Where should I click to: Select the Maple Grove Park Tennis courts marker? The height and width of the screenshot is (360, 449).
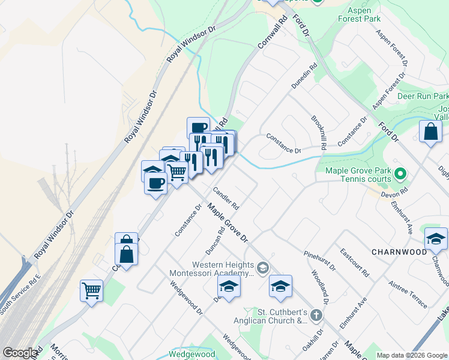[402, 175]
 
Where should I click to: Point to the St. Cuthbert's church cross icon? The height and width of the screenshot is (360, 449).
[316, 316]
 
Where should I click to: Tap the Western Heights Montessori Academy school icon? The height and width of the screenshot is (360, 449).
[262, 267]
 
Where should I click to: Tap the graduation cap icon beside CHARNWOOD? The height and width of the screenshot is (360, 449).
[436, 239]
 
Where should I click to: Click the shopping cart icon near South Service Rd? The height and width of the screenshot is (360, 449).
[92, 291]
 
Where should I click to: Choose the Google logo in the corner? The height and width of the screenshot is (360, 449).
[20, 353]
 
